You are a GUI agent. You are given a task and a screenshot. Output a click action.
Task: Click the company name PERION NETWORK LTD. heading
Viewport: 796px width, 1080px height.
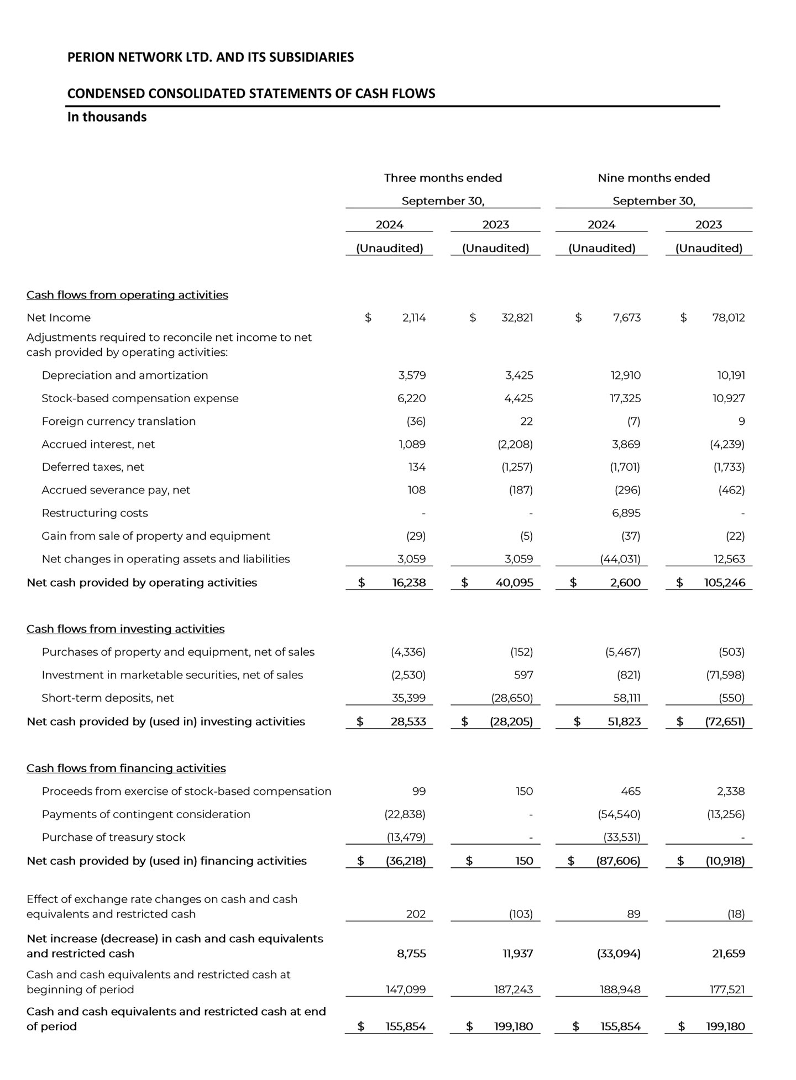click(x=211, y=57)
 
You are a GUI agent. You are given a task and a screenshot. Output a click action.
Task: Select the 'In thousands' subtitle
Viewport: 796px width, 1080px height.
click(x=107, y=117)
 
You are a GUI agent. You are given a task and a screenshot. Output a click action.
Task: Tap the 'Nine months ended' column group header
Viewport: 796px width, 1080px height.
click(x=653, y=178)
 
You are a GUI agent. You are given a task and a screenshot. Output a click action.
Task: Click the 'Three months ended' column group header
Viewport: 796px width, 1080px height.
click(x=443, y=178)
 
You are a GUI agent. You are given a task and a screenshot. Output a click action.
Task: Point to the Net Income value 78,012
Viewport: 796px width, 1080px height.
click(x=728, y=318)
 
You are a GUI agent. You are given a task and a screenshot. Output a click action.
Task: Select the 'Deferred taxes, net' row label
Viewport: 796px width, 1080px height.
click(x=93, y=467)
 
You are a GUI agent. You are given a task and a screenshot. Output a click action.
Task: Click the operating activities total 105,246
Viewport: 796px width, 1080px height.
click(x=724, y=583)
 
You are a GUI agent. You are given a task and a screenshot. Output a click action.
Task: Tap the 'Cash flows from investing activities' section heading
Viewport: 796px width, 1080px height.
click(x=125, y=629)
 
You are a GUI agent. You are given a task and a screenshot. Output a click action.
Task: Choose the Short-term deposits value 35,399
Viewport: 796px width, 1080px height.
click(x=409, y=698)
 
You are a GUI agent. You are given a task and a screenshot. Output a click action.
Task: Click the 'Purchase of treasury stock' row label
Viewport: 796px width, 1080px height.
click(x=113, y=837)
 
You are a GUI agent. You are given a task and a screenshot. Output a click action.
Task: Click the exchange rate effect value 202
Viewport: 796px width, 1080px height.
click(x=416, y=914)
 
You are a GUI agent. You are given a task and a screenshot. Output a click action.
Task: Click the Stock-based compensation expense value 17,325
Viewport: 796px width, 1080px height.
click(x=625, y=398)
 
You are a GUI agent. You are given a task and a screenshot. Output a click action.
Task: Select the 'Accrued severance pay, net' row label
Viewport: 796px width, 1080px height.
click(x=116, y=490)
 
